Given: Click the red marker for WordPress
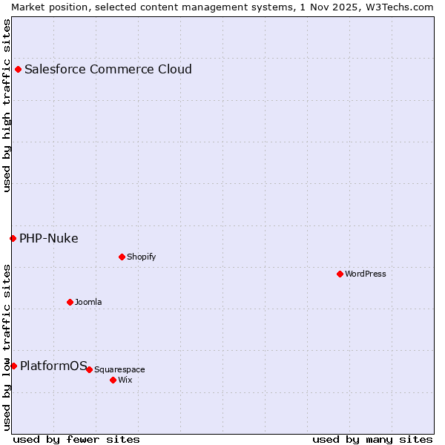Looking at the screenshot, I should [x=340, y=274].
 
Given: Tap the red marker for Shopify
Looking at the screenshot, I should [x=122, y=257].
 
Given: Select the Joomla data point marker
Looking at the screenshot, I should [x=70, y=302].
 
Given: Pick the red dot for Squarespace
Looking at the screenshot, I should [x=89, y=369].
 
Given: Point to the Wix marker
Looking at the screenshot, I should [x=113, y=380].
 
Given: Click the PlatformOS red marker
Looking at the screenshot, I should [x=13, y=366].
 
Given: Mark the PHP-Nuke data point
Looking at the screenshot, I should [x=13, y=238].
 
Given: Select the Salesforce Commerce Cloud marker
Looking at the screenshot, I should [x=18, y=70].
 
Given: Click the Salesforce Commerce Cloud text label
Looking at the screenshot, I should [x=108, y=70].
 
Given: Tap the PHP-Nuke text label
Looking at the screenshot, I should [x=49, y=238].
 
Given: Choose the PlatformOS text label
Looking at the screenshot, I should [x=53, y=365].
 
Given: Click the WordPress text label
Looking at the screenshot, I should [x=366, y=274].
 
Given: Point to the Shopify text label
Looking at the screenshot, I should [x=141, y=257].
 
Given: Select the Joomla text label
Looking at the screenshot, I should [x=88, y=302].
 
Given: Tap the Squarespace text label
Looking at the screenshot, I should [x=119, y=369].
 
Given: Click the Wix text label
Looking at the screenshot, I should [x=125, y=380].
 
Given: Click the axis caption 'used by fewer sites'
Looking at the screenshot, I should [x=76, y=439].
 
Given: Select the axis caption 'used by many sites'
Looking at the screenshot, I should [x=372, y=439].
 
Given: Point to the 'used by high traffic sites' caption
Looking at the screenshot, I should [x=7, y=105].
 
